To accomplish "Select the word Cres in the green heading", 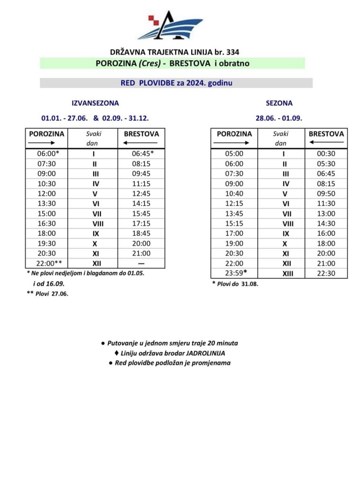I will (x=149, y=63).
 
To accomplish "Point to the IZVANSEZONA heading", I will (x=95, y=103).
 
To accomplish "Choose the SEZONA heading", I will (x=283, y=103).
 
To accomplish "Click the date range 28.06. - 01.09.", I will (x=279, y=118).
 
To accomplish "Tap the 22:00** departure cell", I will (x=46, y=263).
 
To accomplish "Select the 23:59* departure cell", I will (x=234, y=273).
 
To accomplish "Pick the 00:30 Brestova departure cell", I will (x=326, y=153).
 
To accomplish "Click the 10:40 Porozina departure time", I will (x=234, y=193).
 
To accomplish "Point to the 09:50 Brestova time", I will (x=326, y=193).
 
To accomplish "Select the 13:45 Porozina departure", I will (x=234, y=213).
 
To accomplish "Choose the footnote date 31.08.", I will (x=249, y=284).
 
